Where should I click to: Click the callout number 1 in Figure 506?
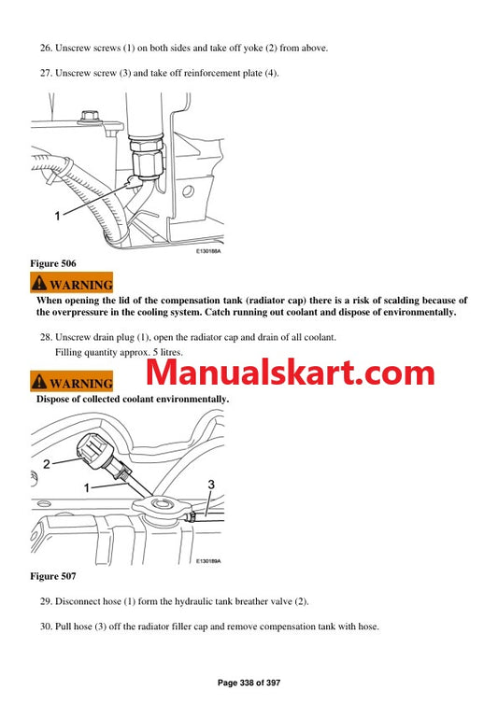click(x=57, y=216)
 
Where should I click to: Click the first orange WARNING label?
click(x=72, y=284)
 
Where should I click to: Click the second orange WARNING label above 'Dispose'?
click(x=72, y=383)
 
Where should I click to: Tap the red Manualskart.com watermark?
click(x=290, y=373)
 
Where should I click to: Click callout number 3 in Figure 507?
click(x=210, y=484)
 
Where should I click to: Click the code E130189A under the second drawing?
click(x=214, y=561)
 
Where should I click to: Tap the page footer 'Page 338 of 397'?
click(x=249, y=685)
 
